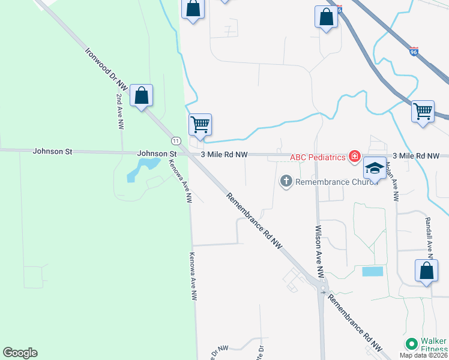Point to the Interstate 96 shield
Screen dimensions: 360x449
[x=414, y=52]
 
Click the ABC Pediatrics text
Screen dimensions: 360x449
[x=318, y=158]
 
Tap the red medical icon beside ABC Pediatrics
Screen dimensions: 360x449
[x=355, y=157]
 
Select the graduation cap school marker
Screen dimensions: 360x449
[x=375, y=169]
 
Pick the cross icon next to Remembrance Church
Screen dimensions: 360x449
[x=286, y=180]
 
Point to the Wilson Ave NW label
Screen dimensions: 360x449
[x=320, y=251]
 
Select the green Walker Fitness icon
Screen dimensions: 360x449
[x=411, y=344]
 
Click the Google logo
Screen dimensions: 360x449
[x=20, y=353]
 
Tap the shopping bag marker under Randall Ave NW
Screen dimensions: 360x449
[x=426, y=271]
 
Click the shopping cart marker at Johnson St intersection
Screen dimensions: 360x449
[x=200, y=125]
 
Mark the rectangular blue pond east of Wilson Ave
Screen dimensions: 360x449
[x=372, y=271]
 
